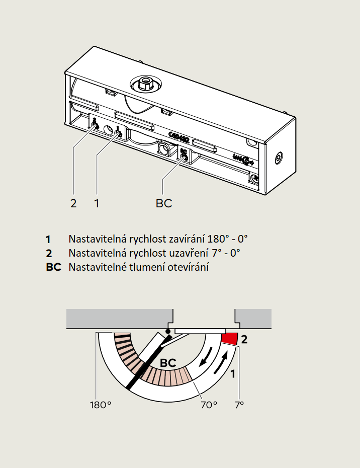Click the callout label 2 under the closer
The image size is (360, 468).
coord(73,203)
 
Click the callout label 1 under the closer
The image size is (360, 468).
coord(97,203)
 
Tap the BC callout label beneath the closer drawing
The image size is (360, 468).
coord(164,203)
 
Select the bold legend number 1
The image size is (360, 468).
coord(48,239)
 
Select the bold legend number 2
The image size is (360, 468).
coord(49,253)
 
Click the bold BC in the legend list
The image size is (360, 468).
coord(53,267)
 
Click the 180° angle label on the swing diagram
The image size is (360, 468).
coord(100,404)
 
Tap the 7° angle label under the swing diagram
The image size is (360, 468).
coord(239,404)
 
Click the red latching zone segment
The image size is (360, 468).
coord(230,338)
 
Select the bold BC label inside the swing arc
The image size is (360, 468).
coord(168,362)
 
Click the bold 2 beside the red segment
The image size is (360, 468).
coord(244,339)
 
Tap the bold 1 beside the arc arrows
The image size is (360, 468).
coord(233,373)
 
